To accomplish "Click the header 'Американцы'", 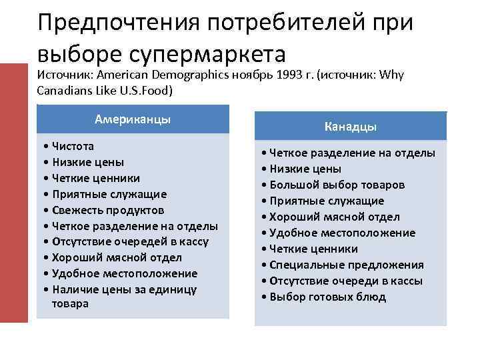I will (133, 119).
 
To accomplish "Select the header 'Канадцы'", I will (351, 126).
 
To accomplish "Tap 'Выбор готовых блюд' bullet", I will (328, 297).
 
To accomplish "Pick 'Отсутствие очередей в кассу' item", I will (129, 241).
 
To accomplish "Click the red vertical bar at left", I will (14, 193).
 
